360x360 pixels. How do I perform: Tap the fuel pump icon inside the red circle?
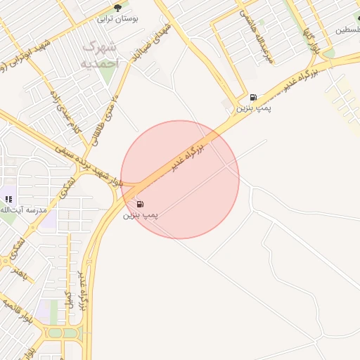click(x=150, y=204)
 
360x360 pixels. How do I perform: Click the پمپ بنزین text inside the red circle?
click(x=141, y=214)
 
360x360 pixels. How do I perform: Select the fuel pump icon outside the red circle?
click(x=253, y=97)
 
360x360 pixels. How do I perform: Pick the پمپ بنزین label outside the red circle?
click(x=253, y=108)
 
